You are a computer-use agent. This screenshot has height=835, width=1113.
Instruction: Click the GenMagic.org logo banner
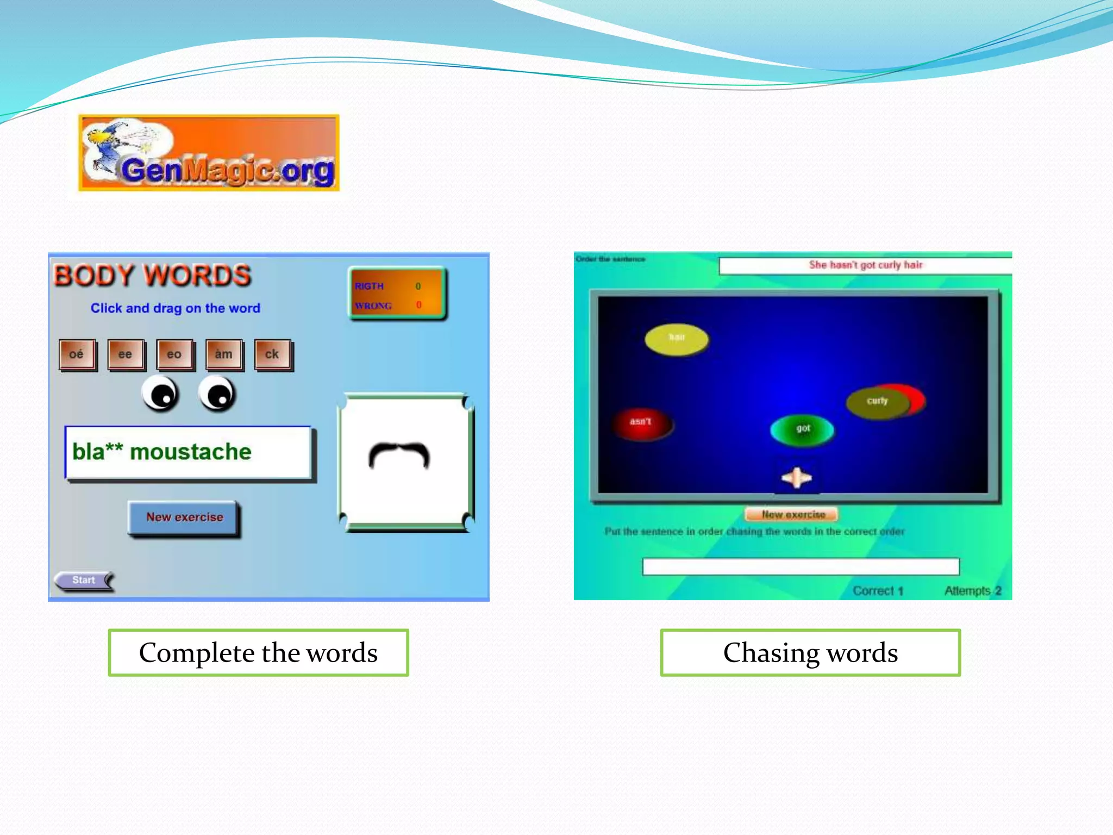click(209, 153)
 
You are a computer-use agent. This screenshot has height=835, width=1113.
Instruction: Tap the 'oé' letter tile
click(77, 354)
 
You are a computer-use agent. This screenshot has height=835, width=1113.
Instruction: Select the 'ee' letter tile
click(126, 354)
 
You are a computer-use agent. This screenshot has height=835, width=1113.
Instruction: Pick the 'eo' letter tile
click(174, 354)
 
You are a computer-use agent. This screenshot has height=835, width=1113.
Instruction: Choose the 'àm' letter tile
click(223, 354)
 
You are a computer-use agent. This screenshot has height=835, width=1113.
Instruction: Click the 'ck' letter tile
click(272, 354)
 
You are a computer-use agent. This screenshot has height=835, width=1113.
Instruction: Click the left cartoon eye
click(160, 394)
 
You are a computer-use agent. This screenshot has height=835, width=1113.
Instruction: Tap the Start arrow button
click(84, 581)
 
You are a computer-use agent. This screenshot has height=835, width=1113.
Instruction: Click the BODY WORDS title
click(152, 276)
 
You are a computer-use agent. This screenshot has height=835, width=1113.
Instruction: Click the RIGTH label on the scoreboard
click(369, 286)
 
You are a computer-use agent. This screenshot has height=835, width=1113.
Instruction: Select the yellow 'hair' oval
click(677, 339)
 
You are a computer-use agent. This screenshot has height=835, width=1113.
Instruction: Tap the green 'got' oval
click(803, 429)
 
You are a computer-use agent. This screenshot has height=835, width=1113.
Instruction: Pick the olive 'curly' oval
click(877, 402)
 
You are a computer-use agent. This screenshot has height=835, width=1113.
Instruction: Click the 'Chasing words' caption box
click(810, 653)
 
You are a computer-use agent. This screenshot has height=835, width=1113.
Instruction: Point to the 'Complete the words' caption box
click(258, 653)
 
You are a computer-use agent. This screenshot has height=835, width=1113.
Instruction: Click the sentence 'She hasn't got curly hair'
click(865, 265)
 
